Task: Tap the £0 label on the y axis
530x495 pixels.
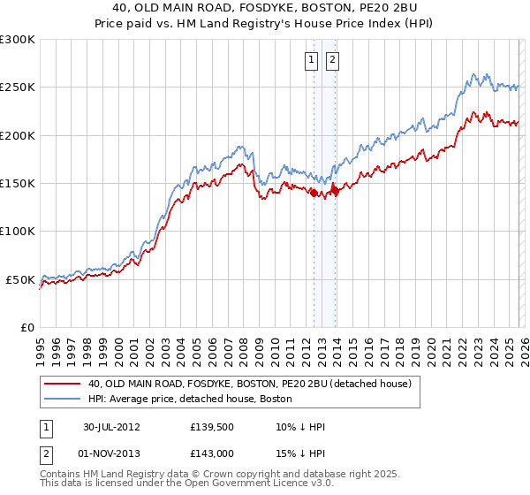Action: (27, 327)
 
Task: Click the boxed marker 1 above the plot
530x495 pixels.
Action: (313, 60)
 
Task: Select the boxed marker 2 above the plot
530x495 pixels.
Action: (332, 60)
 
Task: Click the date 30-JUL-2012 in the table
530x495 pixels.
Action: (111, 426)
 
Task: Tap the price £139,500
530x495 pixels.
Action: (211, 426)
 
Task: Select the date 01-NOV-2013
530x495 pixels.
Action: (111, 453)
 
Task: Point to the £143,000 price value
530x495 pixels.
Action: (211, 453)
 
